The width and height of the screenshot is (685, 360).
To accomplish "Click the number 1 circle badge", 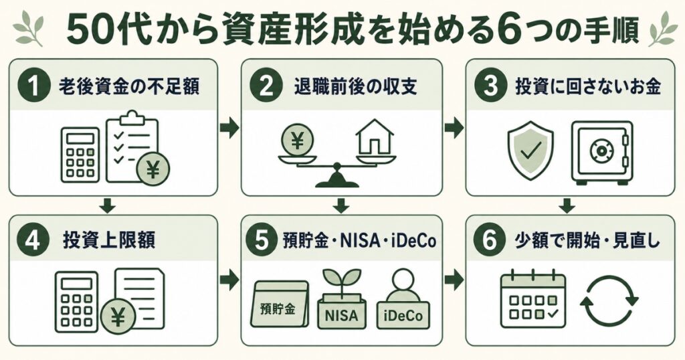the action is pos(32,86).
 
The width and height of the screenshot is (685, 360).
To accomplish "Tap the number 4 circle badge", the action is pos(32,241).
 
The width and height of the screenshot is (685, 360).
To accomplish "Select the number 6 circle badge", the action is pos(489,241).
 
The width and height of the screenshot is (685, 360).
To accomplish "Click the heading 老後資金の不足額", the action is pos(129,86).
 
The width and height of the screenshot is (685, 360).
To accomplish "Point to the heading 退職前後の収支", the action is pos(355,86).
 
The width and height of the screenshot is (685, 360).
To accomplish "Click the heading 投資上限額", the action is pos(109,241).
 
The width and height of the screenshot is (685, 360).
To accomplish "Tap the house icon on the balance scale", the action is pos(375,139).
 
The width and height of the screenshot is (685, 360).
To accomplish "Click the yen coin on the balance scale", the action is pos(298,140).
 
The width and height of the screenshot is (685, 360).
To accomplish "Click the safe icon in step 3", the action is pos(602,151).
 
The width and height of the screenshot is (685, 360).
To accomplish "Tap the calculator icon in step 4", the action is pos(77,302).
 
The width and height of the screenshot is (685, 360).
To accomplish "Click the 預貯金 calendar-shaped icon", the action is pos(280,304).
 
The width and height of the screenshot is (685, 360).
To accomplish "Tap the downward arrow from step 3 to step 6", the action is pos(567,205).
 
